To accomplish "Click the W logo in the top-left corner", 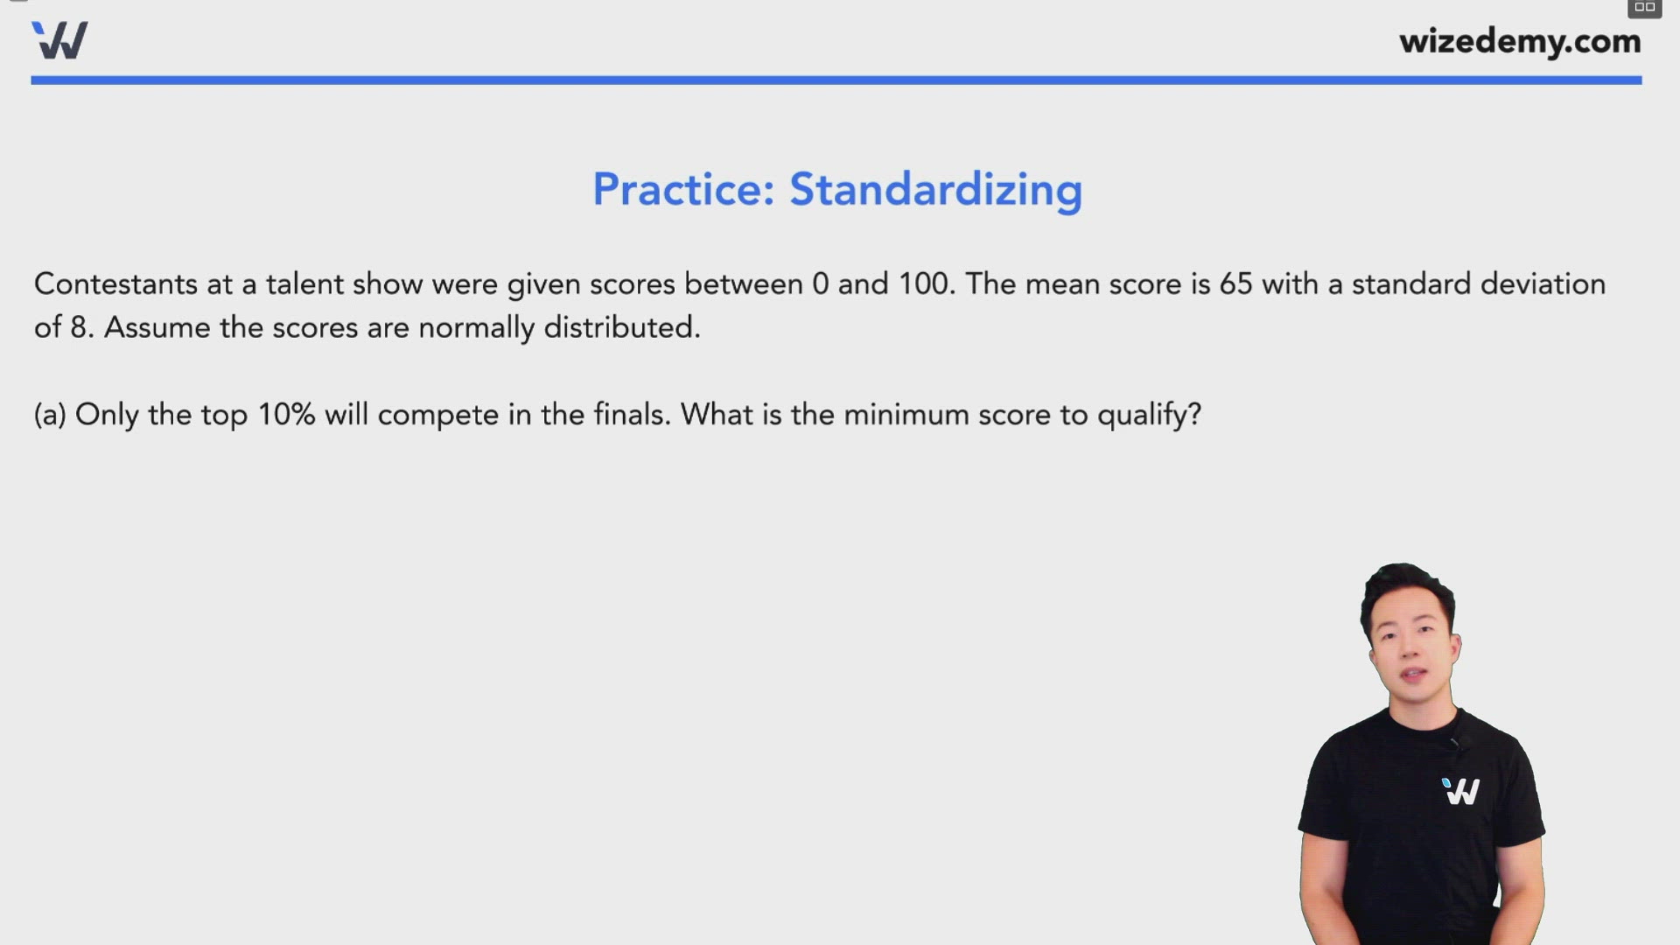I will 59,40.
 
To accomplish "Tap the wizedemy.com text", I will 1520,41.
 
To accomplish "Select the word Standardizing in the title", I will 935,189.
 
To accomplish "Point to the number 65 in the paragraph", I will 1235,284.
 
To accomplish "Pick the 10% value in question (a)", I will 286,415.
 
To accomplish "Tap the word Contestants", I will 115,284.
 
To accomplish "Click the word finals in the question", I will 631,415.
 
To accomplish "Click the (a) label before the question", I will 50,415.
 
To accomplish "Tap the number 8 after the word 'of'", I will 80,328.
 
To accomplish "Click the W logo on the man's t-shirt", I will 1460,791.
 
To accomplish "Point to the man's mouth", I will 1413,675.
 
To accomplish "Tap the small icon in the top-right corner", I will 1644,8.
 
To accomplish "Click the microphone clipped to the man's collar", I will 1453,743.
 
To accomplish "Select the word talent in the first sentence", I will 304,284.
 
